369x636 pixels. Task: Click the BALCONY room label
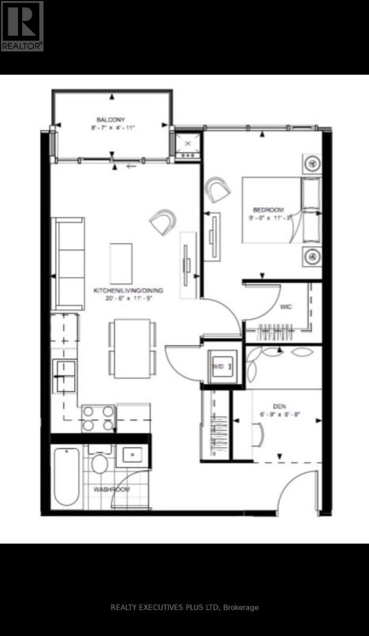(111, 119)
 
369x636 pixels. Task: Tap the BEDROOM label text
(268, 209)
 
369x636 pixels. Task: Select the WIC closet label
(286, 306)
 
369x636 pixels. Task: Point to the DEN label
(279, 406)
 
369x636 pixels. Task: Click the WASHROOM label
(111, 489)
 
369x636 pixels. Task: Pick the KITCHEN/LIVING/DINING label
(128, 290)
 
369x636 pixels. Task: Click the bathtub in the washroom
(66, 476)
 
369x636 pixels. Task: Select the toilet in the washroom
(100, 462)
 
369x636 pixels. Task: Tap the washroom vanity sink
(131, 455)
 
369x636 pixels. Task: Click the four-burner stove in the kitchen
(98, 418)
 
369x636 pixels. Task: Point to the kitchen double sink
(64, 375)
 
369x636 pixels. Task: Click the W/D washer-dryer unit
(224, 366)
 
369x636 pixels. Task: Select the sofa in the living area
(68, 263)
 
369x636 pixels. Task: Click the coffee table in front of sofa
(121, 263)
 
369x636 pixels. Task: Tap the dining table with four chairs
(133, 348)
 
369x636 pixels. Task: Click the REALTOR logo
(22, 25)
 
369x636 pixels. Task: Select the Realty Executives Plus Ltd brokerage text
(184, 607)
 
